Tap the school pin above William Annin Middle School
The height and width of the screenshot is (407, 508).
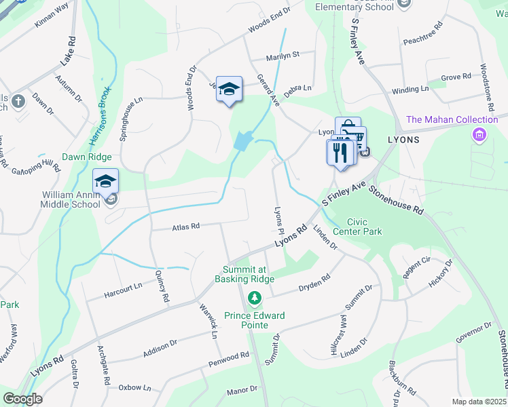pyautogui.click(x=105, y=182)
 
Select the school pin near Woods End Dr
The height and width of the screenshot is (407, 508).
pyautogui.click(x=229, y=89)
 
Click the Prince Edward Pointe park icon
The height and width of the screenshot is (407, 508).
pyautogui.click(x=255, y=298)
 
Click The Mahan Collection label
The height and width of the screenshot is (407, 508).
pyautogui.click(x=452, y=120)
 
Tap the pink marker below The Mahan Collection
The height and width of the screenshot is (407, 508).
pyautogui.click(x=479, y=135)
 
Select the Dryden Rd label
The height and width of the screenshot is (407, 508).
pyautogui.click(x=314, y=283)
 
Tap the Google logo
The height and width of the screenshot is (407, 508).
pyautogui.click(x=22, y=399)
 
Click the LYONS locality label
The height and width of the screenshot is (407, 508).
pyautogui.click(x=403, y=139)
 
